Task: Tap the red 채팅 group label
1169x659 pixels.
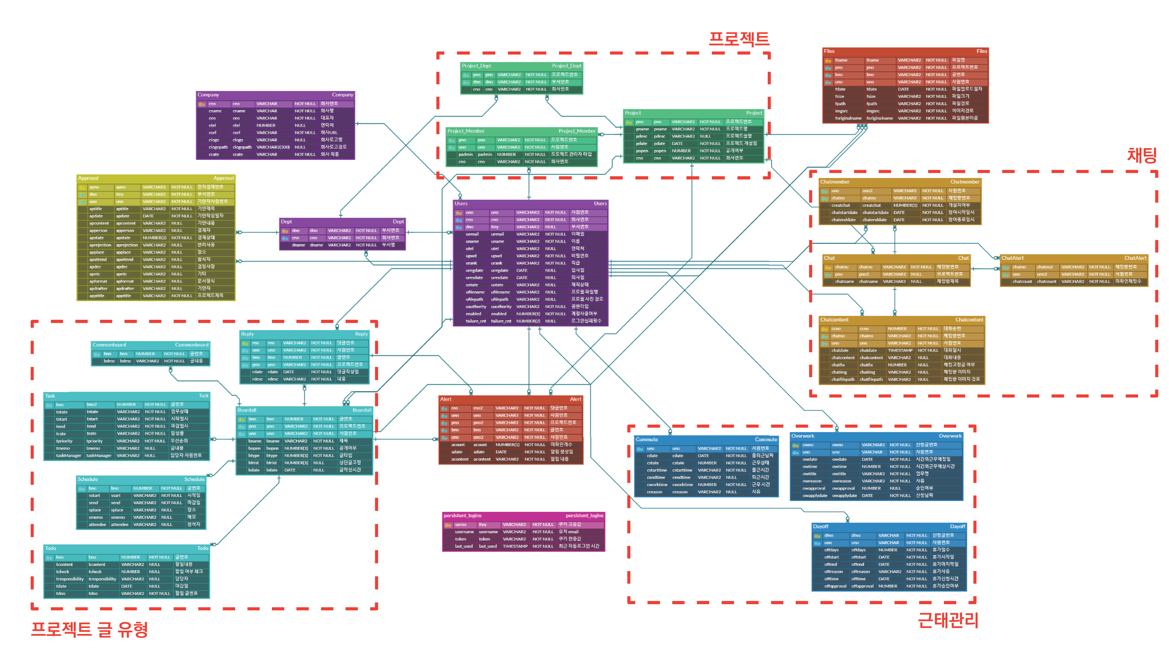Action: click(1142, 155)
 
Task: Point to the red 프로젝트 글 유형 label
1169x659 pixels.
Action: click(89, 629)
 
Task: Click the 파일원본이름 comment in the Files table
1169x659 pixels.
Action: click(964, 118)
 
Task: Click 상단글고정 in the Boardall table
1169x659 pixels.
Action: click(350, 463)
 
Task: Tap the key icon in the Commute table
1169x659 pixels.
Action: click(640, 449)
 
